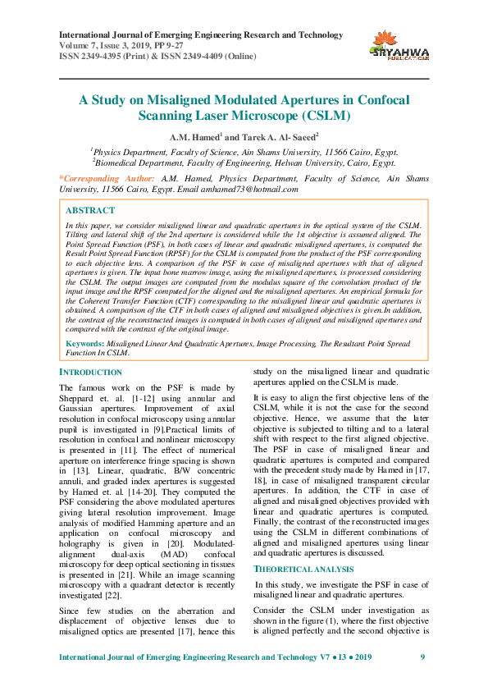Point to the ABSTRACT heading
90,210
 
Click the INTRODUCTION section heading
91,372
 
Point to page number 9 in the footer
422,657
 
